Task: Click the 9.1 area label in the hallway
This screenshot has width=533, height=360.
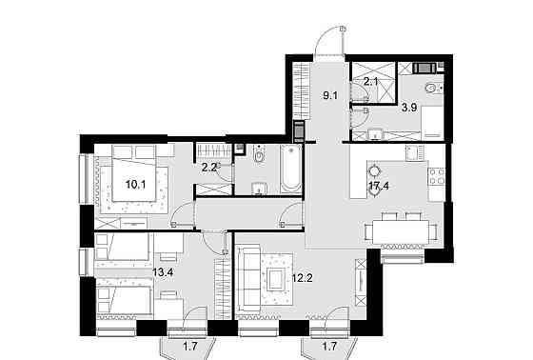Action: click(331, 93)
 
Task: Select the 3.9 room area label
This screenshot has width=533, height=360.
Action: click(408, 107)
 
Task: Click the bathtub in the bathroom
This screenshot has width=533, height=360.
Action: click(286, 171)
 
